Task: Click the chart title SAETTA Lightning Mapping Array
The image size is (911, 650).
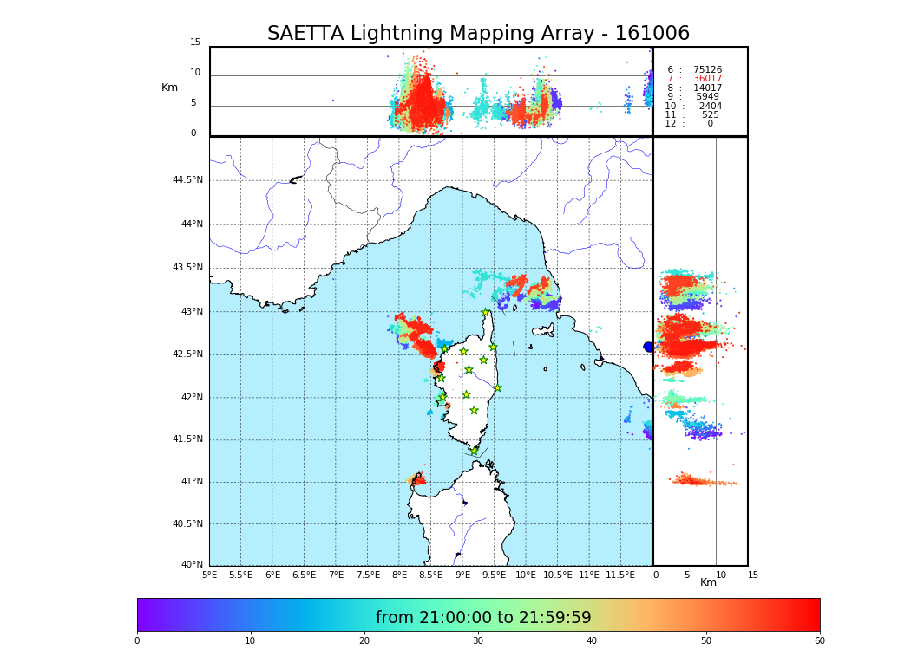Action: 478,34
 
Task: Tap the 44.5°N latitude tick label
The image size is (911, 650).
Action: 187,180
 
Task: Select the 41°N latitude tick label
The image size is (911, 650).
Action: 192,482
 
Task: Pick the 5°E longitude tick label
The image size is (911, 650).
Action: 209,575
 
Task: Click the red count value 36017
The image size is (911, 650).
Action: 707,79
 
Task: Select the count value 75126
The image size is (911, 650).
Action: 707,70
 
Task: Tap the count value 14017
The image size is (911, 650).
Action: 707,88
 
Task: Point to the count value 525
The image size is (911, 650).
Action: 710,115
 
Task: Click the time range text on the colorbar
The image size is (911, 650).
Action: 483,618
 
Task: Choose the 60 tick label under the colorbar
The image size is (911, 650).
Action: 819,641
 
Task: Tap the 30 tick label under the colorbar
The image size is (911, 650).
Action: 478,641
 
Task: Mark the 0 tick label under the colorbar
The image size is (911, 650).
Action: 137,641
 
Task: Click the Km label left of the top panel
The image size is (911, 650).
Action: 169,88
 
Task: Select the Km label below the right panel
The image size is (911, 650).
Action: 709,582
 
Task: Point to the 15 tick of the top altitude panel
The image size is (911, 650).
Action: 195,42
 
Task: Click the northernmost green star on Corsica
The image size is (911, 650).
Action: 486,313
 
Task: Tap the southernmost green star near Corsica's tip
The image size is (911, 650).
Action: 474,451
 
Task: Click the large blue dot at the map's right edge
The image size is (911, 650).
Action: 648,347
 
